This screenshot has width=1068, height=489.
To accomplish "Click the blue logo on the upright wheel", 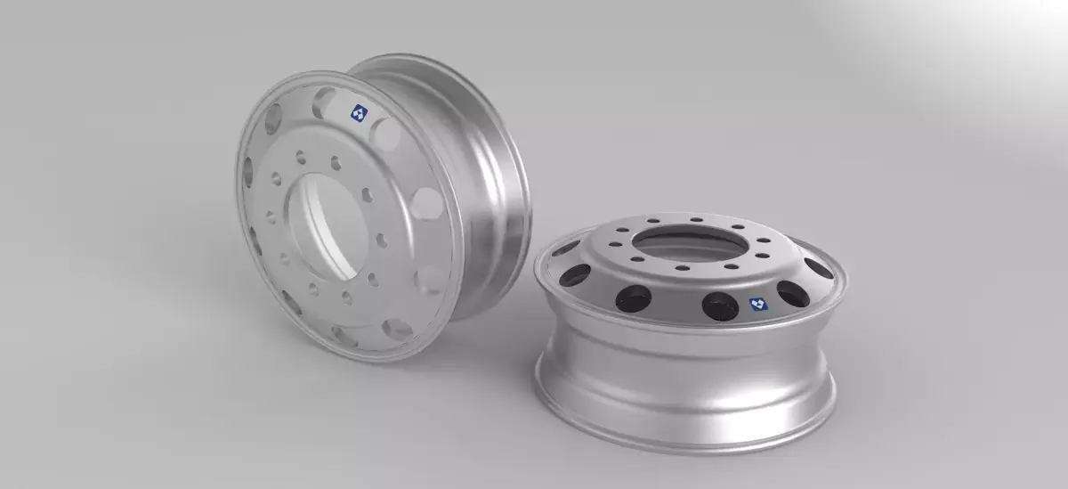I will coord(357,113).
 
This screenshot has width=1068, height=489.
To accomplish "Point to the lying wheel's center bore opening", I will coord(687,239).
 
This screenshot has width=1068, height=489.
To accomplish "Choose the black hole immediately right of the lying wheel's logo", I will coord(793,294).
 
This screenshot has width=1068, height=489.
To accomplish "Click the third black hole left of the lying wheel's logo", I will coord(577,272).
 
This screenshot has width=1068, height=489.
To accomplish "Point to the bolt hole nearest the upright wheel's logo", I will coord(336,163).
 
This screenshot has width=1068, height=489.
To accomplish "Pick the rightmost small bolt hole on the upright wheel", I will coord(382,240).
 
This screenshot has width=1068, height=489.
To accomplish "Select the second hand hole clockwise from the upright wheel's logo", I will coord(428,204).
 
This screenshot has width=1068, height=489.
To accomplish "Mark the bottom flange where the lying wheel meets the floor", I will coord(685,436).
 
